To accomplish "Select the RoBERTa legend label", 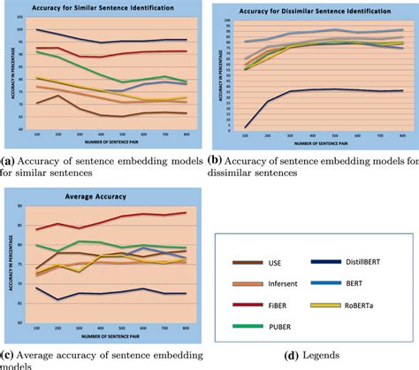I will pyautogui.click(x=365, y=305).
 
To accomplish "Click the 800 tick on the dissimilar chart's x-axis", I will pyautogui.click(x=402, y=135).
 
